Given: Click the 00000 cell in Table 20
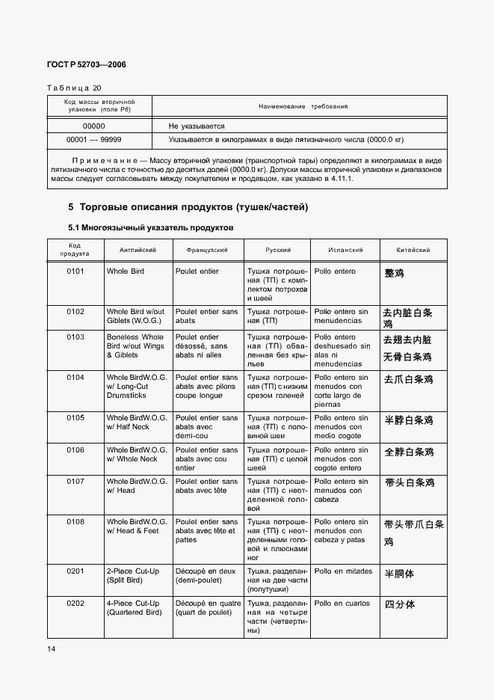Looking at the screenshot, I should [93, 126].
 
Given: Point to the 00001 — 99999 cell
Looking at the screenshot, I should [94, 139].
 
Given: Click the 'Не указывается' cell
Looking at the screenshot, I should [197, 126].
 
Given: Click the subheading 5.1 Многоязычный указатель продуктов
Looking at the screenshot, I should [152, 226].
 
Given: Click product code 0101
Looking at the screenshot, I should [75, 271].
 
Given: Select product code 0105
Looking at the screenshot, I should [75, 418].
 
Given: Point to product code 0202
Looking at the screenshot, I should [75, 603].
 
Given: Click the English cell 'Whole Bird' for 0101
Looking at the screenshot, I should [126, 271].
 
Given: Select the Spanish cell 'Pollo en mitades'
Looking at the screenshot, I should [343, 571].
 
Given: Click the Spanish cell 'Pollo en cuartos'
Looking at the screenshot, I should [342, 603].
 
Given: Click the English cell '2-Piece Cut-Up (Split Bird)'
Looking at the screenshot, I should [133, 576].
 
